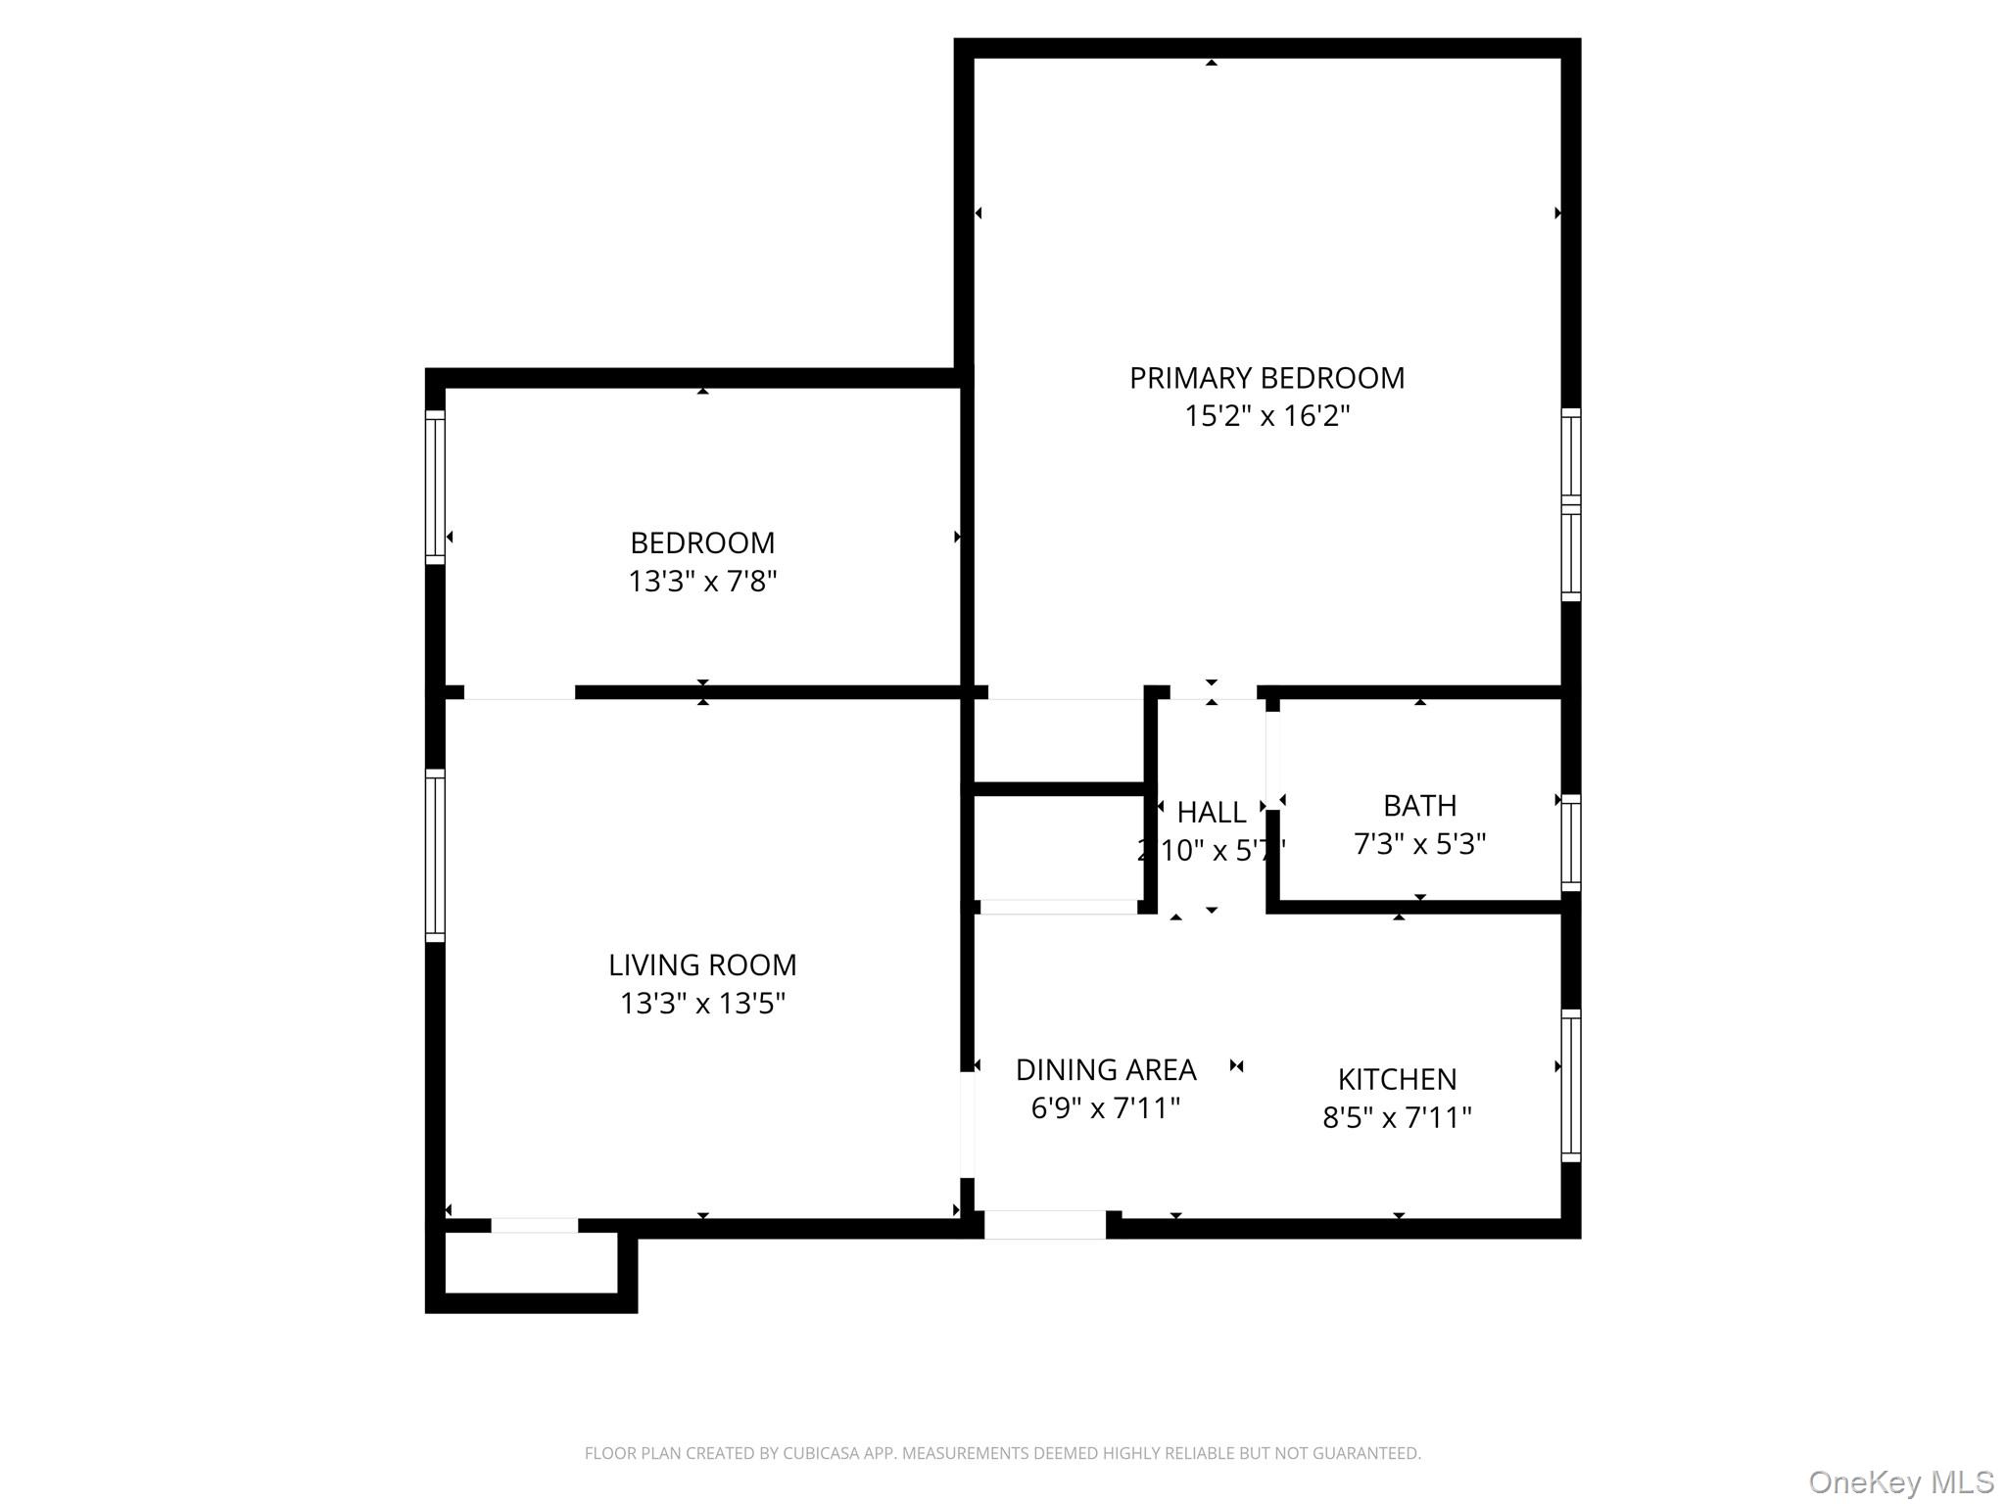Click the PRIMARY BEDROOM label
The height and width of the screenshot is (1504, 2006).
click(x=1266, y=378)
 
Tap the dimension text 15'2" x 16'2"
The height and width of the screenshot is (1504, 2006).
click(x=1266, y=416)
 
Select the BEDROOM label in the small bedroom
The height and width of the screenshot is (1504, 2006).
click(x=702, y=542)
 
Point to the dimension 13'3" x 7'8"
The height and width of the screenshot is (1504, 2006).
click(x=702, y=582)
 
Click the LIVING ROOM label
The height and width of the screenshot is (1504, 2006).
click(x=702, y=965)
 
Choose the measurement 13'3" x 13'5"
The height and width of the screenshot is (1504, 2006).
click(x=702, y=1004)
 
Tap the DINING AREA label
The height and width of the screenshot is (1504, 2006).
click(x=1106, y=1070)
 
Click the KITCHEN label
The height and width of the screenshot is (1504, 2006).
click(x=1397, y=1079)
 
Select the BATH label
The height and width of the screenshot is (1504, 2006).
click(x=1419, y=806)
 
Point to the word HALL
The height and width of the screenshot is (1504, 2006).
click(x=1212, y=813)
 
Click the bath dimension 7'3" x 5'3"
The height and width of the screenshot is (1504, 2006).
click(x=1419, y=844)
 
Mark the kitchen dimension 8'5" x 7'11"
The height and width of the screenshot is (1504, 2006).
click(x=1397, y=1117)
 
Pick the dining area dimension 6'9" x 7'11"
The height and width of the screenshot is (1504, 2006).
click(x=1106, y=1108)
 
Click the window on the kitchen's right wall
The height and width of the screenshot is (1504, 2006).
click(x=1570, y=1086)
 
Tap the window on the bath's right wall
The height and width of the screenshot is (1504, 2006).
click(x=1570, y=843)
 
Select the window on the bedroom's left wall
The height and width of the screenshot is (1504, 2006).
click(x=435, y=487)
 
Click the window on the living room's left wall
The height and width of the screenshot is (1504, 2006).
click(x=435, y=856)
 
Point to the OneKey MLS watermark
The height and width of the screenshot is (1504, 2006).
click(x=1900, y=1481)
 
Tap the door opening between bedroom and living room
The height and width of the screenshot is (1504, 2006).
click(x=519, y=692)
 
